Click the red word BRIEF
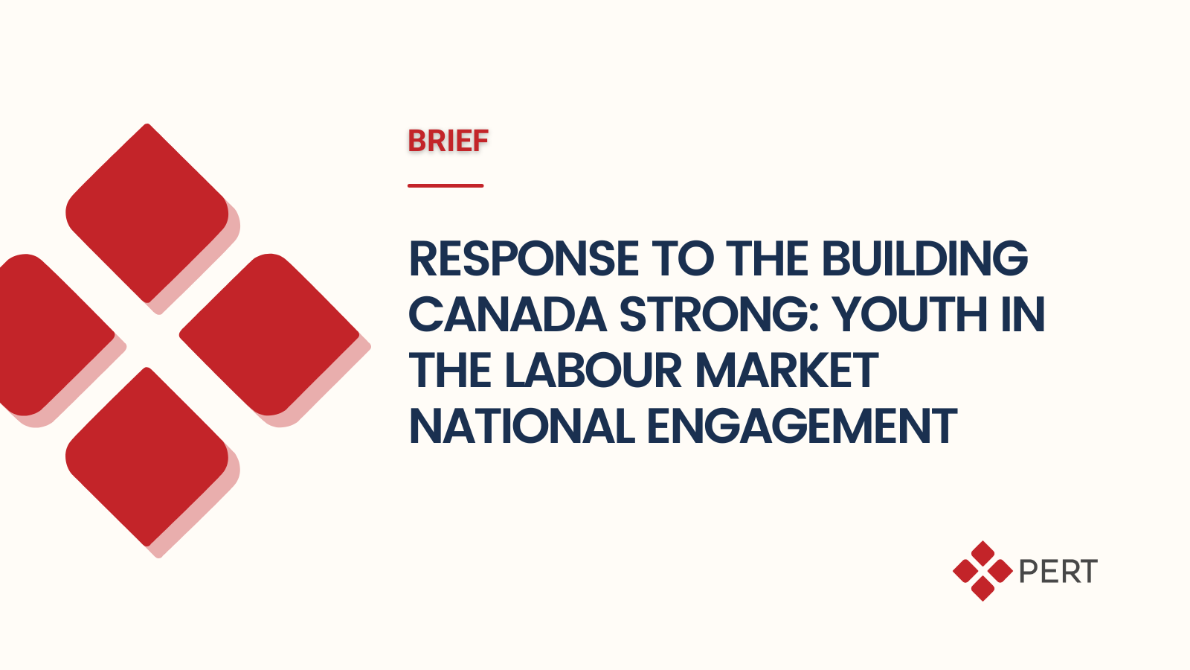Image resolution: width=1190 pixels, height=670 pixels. (x=448, y=141)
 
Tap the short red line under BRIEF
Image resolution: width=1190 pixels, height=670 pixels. (x=446, y=185)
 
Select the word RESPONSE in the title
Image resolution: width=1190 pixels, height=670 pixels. (x=524, y=259)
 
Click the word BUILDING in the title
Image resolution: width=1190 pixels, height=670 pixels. (x=925, y=259)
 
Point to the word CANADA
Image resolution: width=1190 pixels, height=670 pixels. (x=507, y=315)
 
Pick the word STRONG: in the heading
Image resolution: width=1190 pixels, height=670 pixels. (x=720, y=315)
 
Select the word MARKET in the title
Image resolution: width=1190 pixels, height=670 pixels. (x=787, y=371)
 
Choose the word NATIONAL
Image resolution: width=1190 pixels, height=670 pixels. (x=521, y=427)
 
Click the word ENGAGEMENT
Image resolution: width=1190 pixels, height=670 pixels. (x=803, y=427)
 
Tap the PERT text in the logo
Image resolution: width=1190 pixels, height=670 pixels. (x=1058, y=572)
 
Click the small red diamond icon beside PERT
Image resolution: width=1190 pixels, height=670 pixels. (x=982, y=571)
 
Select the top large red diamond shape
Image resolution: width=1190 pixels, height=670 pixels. (x=147, y=213)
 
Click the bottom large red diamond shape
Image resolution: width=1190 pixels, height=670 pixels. (x=147, y=457)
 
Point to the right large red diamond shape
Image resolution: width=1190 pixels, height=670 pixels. (x=269, y=334)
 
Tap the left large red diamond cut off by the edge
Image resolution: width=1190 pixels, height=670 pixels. (x=53, y=334)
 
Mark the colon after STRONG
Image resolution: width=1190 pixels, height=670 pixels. (x=814, y=320)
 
